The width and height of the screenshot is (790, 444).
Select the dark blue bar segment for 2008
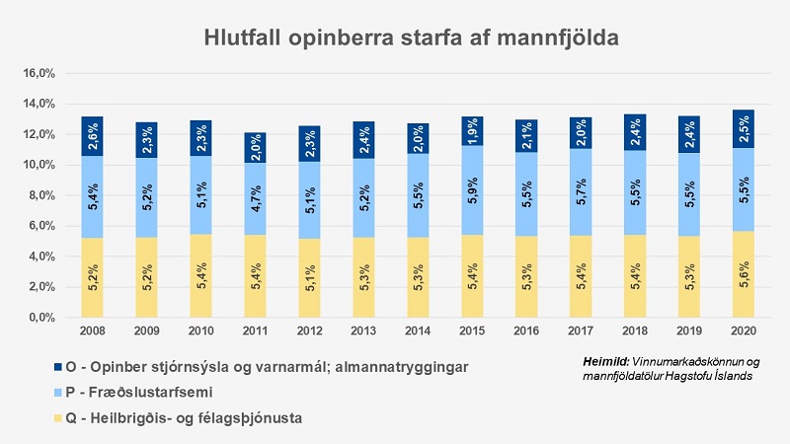92,136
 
